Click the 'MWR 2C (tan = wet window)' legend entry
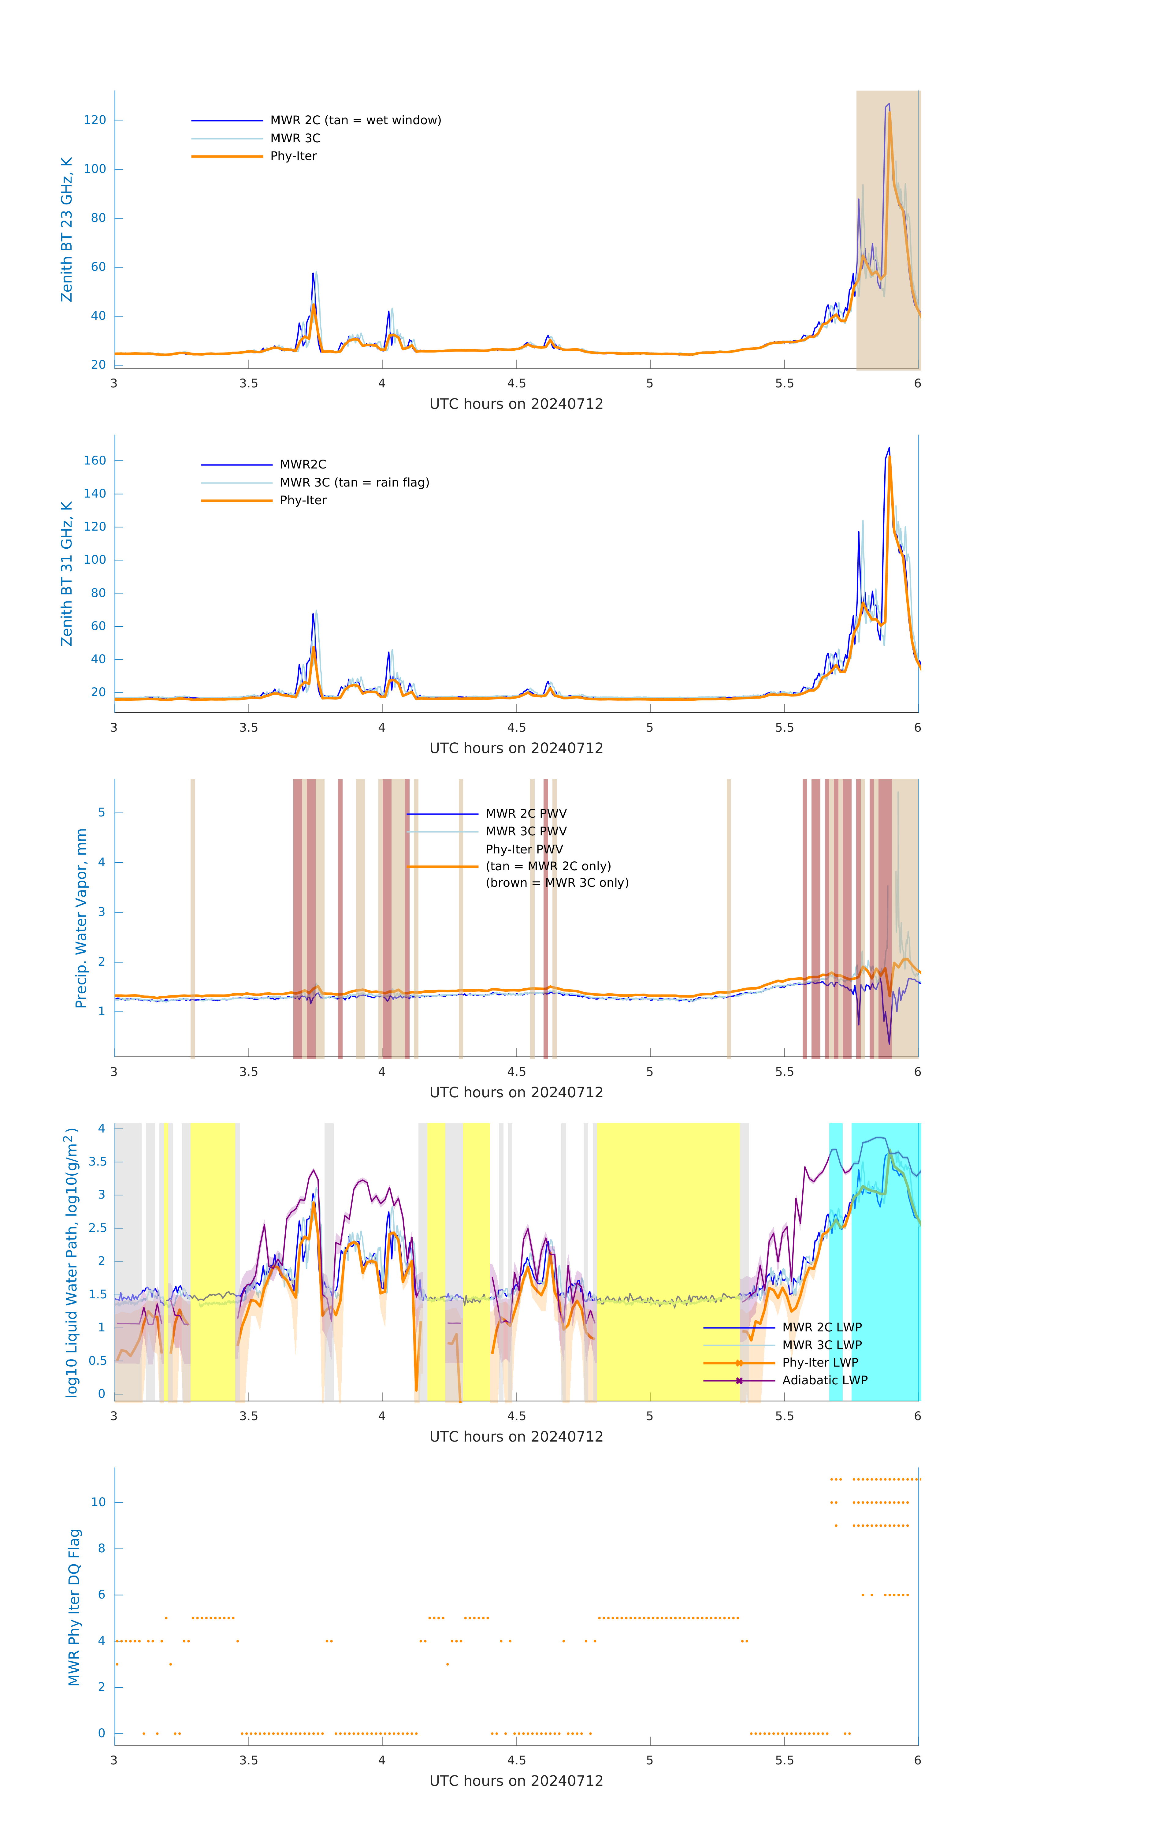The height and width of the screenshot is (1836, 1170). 355,121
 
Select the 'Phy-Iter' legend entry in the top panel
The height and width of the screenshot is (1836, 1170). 293,156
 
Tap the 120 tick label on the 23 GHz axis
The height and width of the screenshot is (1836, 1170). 95,120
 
